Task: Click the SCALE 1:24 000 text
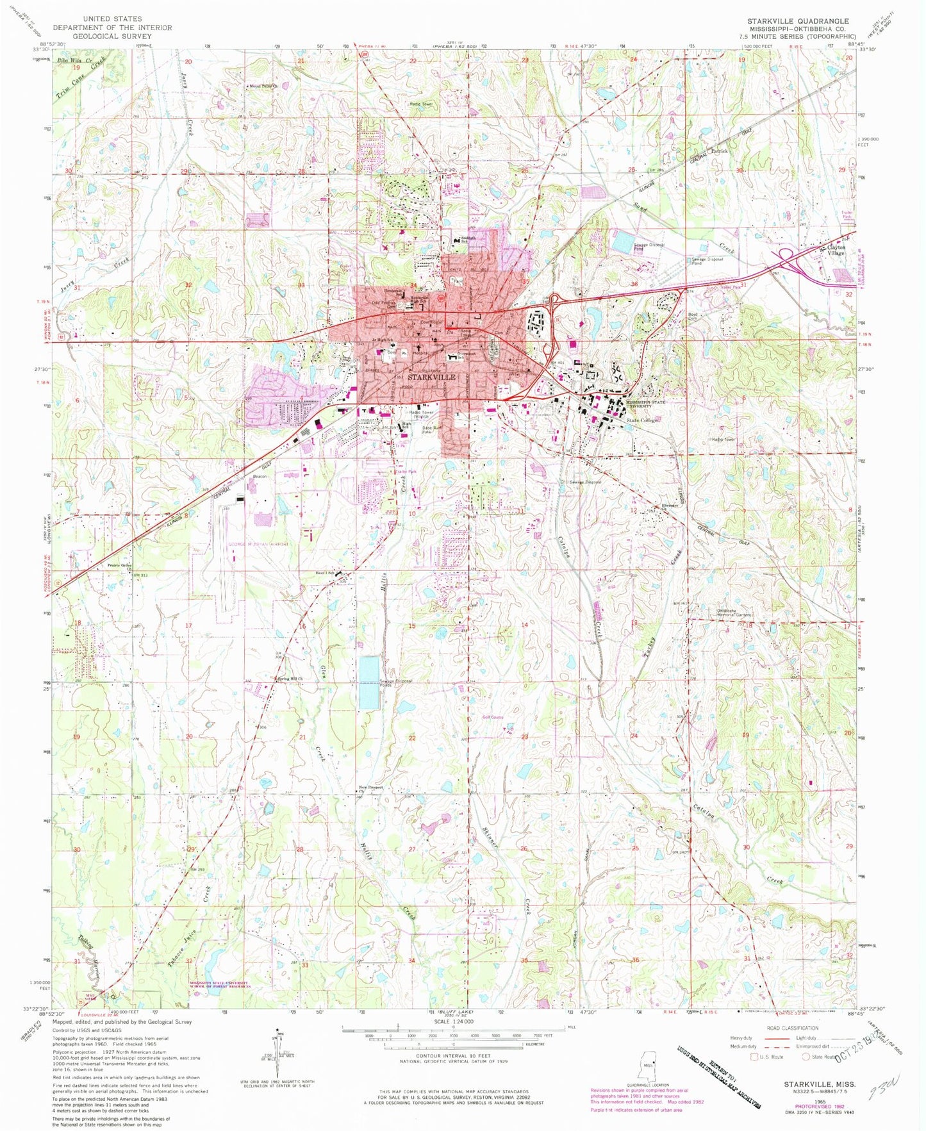[x=453, y=1021]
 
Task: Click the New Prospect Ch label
[x=370, y=788]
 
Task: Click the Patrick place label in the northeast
[x=720, y=151]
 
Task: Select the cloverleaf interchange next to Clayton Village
[x=786, y=258]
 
